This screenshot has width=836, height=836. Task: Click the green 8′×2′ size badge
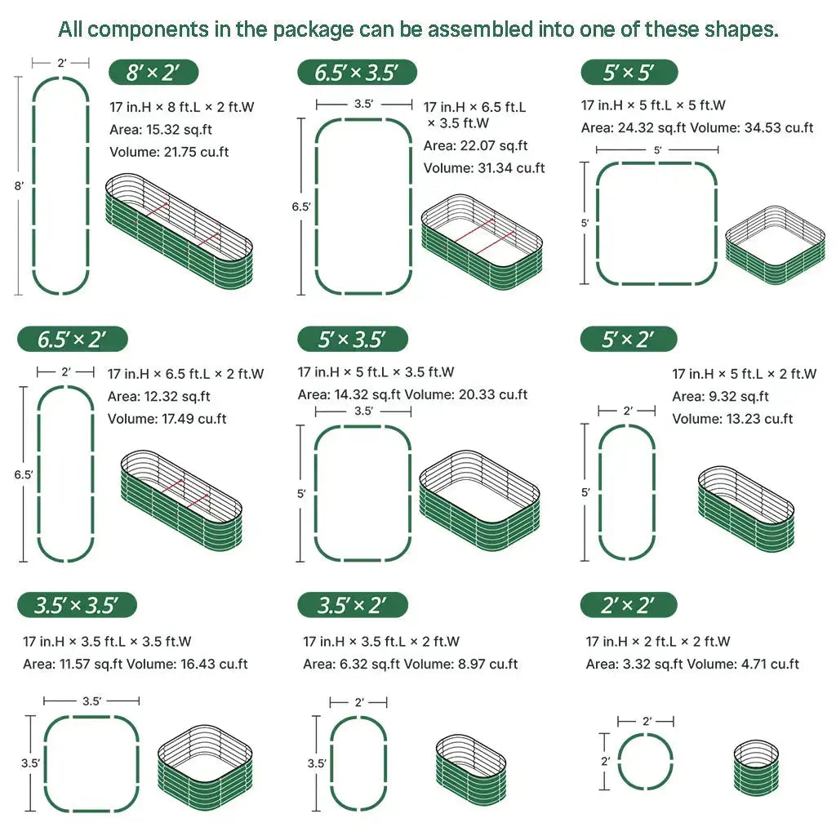click(x=154, y=73)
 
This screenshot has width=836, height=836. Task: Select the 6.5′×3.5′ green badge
click(x=357, y=73)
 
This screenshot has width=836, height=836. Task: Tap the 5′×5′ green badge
click(x=629, y=73)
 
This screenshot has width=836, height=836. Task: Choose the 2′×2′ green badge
click(x=629, y=606)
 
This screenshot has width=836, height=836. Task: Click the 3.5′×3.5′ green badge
click(x=77, y=606)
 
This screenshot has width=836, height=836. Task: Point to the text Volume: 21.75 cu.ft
click(x=169, y=152)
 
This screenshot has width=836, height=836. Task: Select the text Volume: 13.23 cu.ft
click(x=732, y=419)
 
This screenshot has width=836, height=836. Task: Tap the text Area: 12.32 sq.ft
click(x=159, y=397)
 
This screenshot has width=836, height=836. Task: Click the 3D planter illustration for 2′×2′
click(x=756, y=765)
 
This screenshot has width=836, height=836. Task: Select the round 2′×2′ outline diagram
click(x=645, y=762)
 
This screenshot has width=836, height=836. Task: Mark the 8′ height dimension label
click(x=19, y=186)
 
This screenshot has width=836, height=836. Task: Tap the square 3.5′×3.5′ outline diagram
click(x=91, y=764)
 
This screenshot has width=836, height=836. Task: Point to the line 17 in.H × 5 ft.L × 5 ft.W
click(x=653, y=105)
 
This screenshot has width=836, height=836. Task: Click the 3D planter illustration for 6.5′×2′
click(x=181, y=500)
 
